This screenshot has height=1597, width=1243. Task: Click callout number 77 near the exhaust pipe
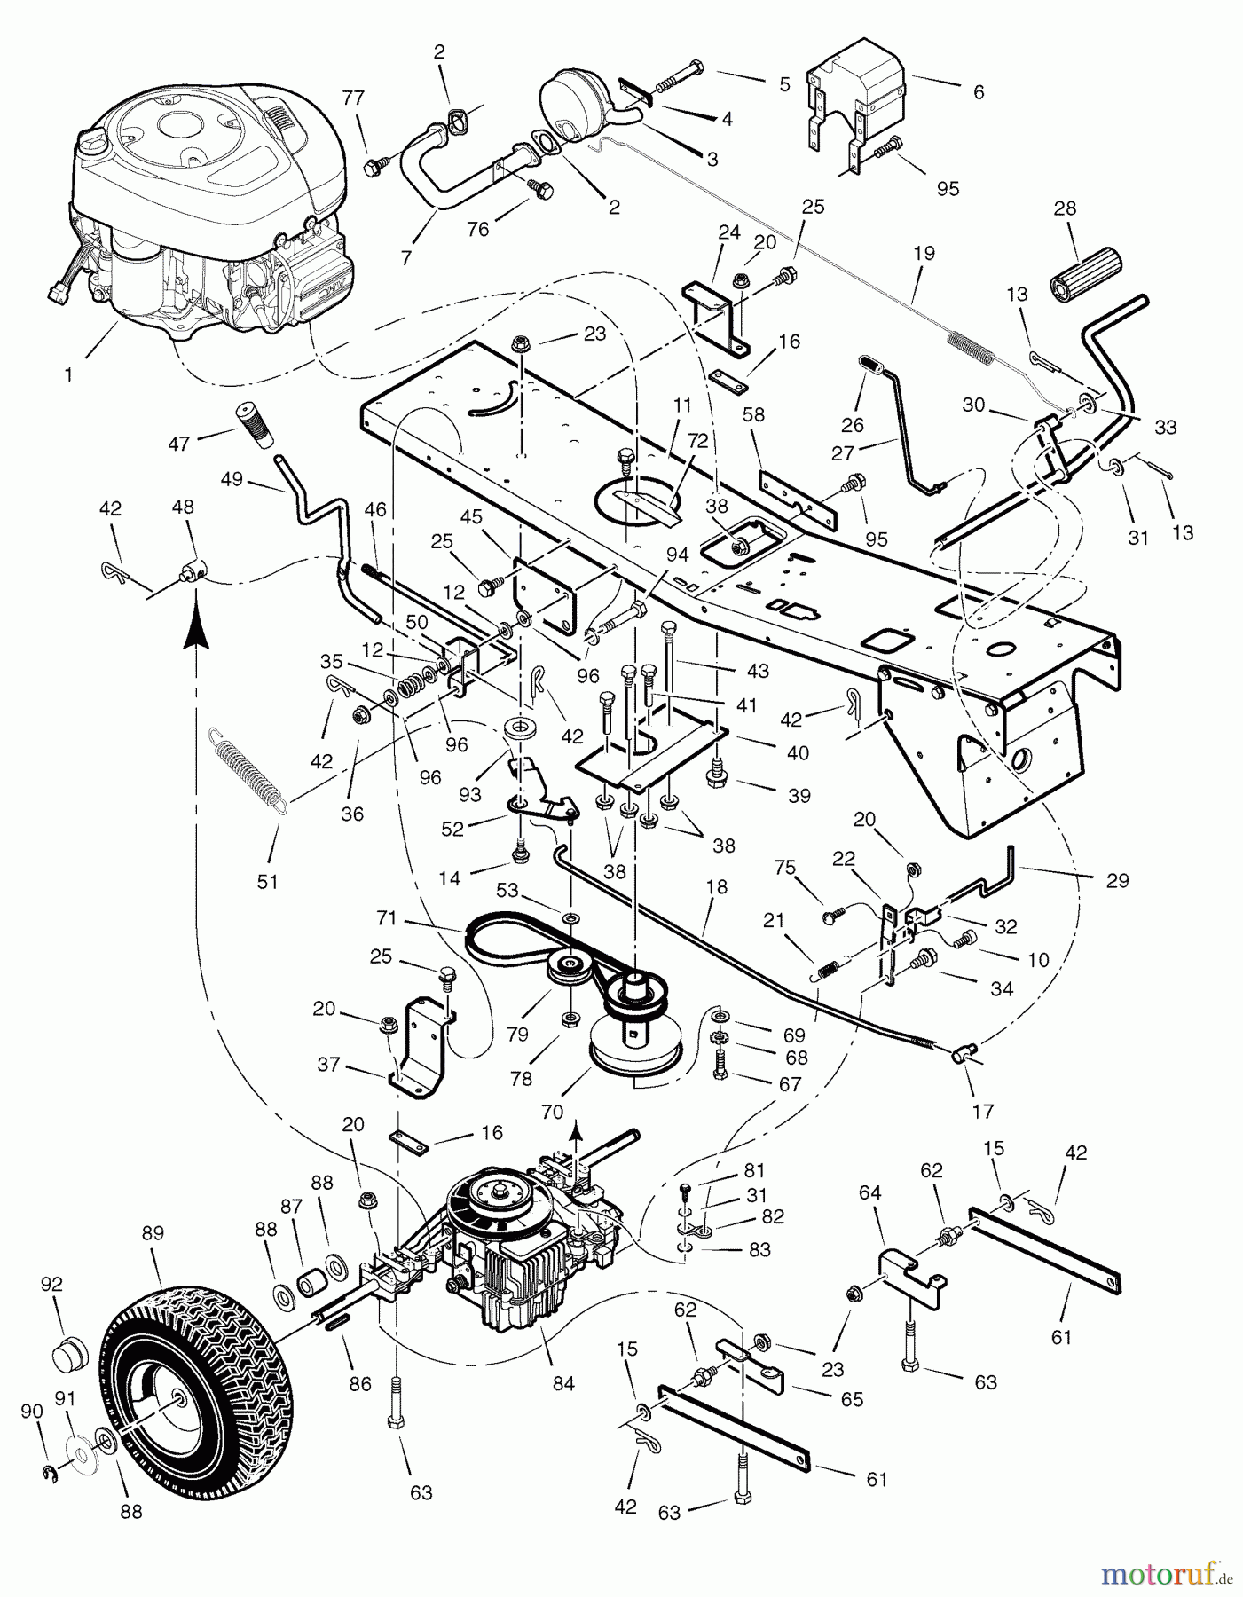(x=353, y=98)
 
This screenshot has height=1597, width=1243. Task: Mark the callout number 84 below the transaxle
(x=562, y=1382)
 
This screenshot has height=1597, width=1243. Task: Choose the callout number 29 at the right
(x=1117, y=880)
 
